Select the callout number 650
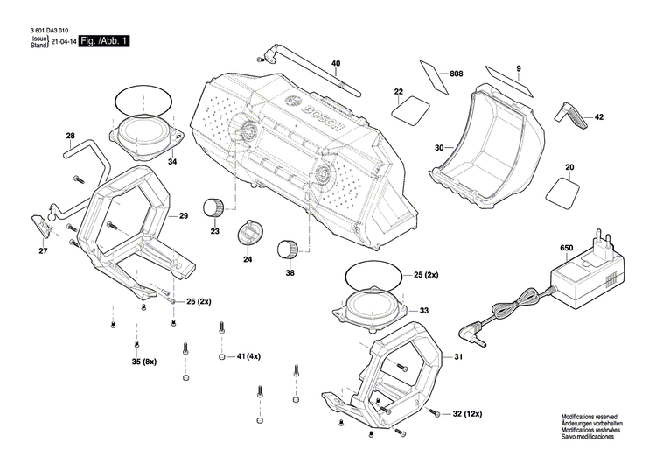[566, 250]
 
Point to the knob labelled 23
[213, 207]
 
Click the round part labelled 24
[251, 234]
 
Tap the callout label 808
[456, 75]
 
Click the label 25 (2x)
[426, 275]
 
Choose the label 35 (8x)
[143, 362]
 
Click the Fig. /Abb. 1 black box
[103, 41]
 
